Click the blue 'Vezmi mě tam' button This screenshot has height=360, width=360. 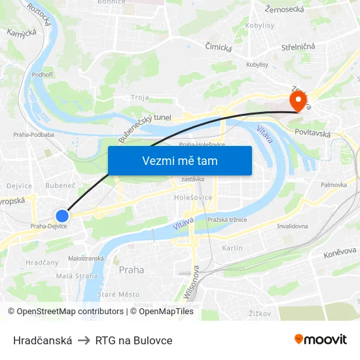pos(179,160)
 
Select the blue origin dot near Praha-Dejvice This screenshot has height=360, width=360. pos(62,215)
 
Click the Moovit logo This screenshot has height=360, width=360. pos(320,340)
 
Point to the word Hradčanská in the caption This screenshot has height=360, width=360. pos(43,340)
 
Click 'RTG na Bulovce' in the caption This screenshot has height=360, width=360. pos(134,340)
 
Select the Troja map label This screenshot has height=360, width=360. pos(140,98)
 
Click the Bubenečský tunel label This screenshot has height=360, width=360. pos(144,127)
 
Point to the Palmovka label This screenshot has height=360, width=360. pos(333,185)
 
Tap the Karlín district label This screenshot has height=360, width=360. pos(232,248)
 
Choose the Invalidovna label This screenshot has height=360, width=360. pos(293,226)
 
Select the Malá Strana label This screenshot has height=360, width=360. pos(77,276)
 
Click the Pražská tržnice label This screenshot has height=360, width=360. pos(226,219)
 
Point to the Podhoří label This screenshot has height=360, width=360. pos(43,75)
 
